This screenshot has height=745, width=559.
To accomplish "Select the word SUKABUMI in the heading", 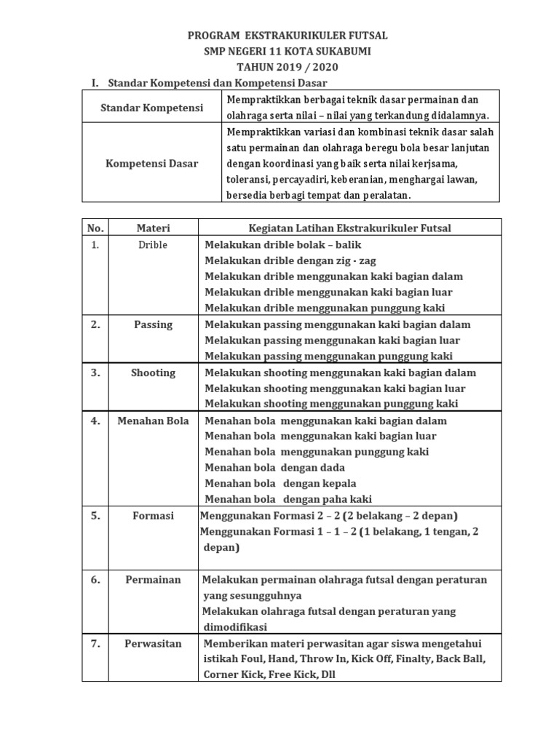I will [346, 51].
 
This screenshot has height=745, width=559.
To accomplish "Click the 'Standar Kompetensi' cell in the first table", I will [151, 108].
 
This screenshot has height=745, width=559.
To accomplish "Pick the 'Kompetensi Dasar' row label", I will [151, 164].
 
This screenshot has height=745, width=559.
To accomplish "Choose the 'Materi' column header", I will [153, 228].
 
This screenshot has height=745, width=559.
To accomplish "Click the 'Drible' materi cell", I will [153, 245].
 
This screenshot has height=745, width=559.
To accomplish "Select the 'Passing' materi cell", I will [153, 324].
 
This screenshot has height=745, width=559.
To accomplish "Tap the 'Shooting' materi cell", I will [153, 372].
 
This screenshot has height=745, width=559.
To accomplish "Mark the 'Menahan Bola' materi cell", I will [153, 421].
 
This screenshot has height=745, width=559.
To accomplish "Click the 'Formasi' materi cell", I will [153, 516].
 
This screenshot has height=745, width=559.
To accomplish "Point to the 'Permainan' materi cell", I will [153, 580].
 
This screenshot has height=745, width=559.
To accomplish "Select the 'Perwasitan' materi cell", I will [153, 644].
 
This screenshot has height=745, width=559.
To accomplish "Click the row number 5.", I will [95, 516].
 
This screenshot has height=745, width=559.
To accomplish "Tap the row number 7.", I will [95, 644].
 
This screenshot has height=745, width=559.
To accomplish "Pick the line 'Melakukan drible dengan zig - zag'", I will [290, 260].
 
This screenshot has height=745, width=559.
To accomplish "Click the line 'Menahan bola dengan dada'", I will [274, 467].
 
